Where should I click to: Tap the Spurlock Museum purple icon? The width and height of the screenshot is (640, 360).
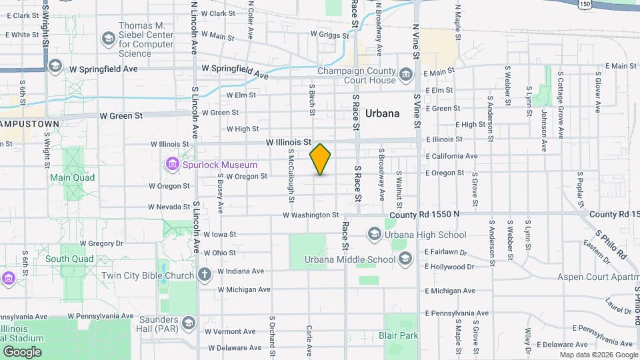pos(172,164)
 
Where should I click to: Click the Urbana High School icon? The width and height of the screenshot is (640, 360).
pos(373,234)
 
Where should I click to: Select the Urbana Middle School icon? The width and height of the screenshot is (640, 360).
pos(405,259)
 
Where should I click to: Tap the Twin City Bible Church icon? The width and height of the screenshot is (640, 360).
pos(205,274)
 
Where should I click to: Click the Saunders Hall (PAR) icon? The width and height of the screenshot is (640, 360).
pos(189,323)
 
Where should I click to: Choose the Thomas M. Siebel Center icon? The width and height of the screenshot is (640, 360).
pos(107,39)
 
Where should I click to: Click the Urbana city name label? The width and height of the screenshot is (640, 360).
pos(383,113)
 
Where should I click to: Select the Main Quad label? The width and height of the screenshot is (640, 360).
pos(72,177)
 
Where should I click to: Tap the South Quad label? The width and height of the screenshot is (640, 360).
pos(69,258)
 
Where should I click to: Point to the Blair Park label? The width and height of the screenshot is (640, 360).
pos(398,335)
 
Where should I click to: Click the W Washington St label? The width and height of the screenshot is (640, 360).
pos(311,215)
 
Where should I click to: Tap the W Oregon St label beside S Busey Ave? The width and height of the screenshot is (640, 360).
pos(247,177)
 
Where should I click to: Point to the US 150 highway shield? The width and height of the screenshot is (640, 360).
pos(585,4)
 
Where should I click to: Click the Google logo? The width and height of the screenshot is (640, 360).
pos(22,351)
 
